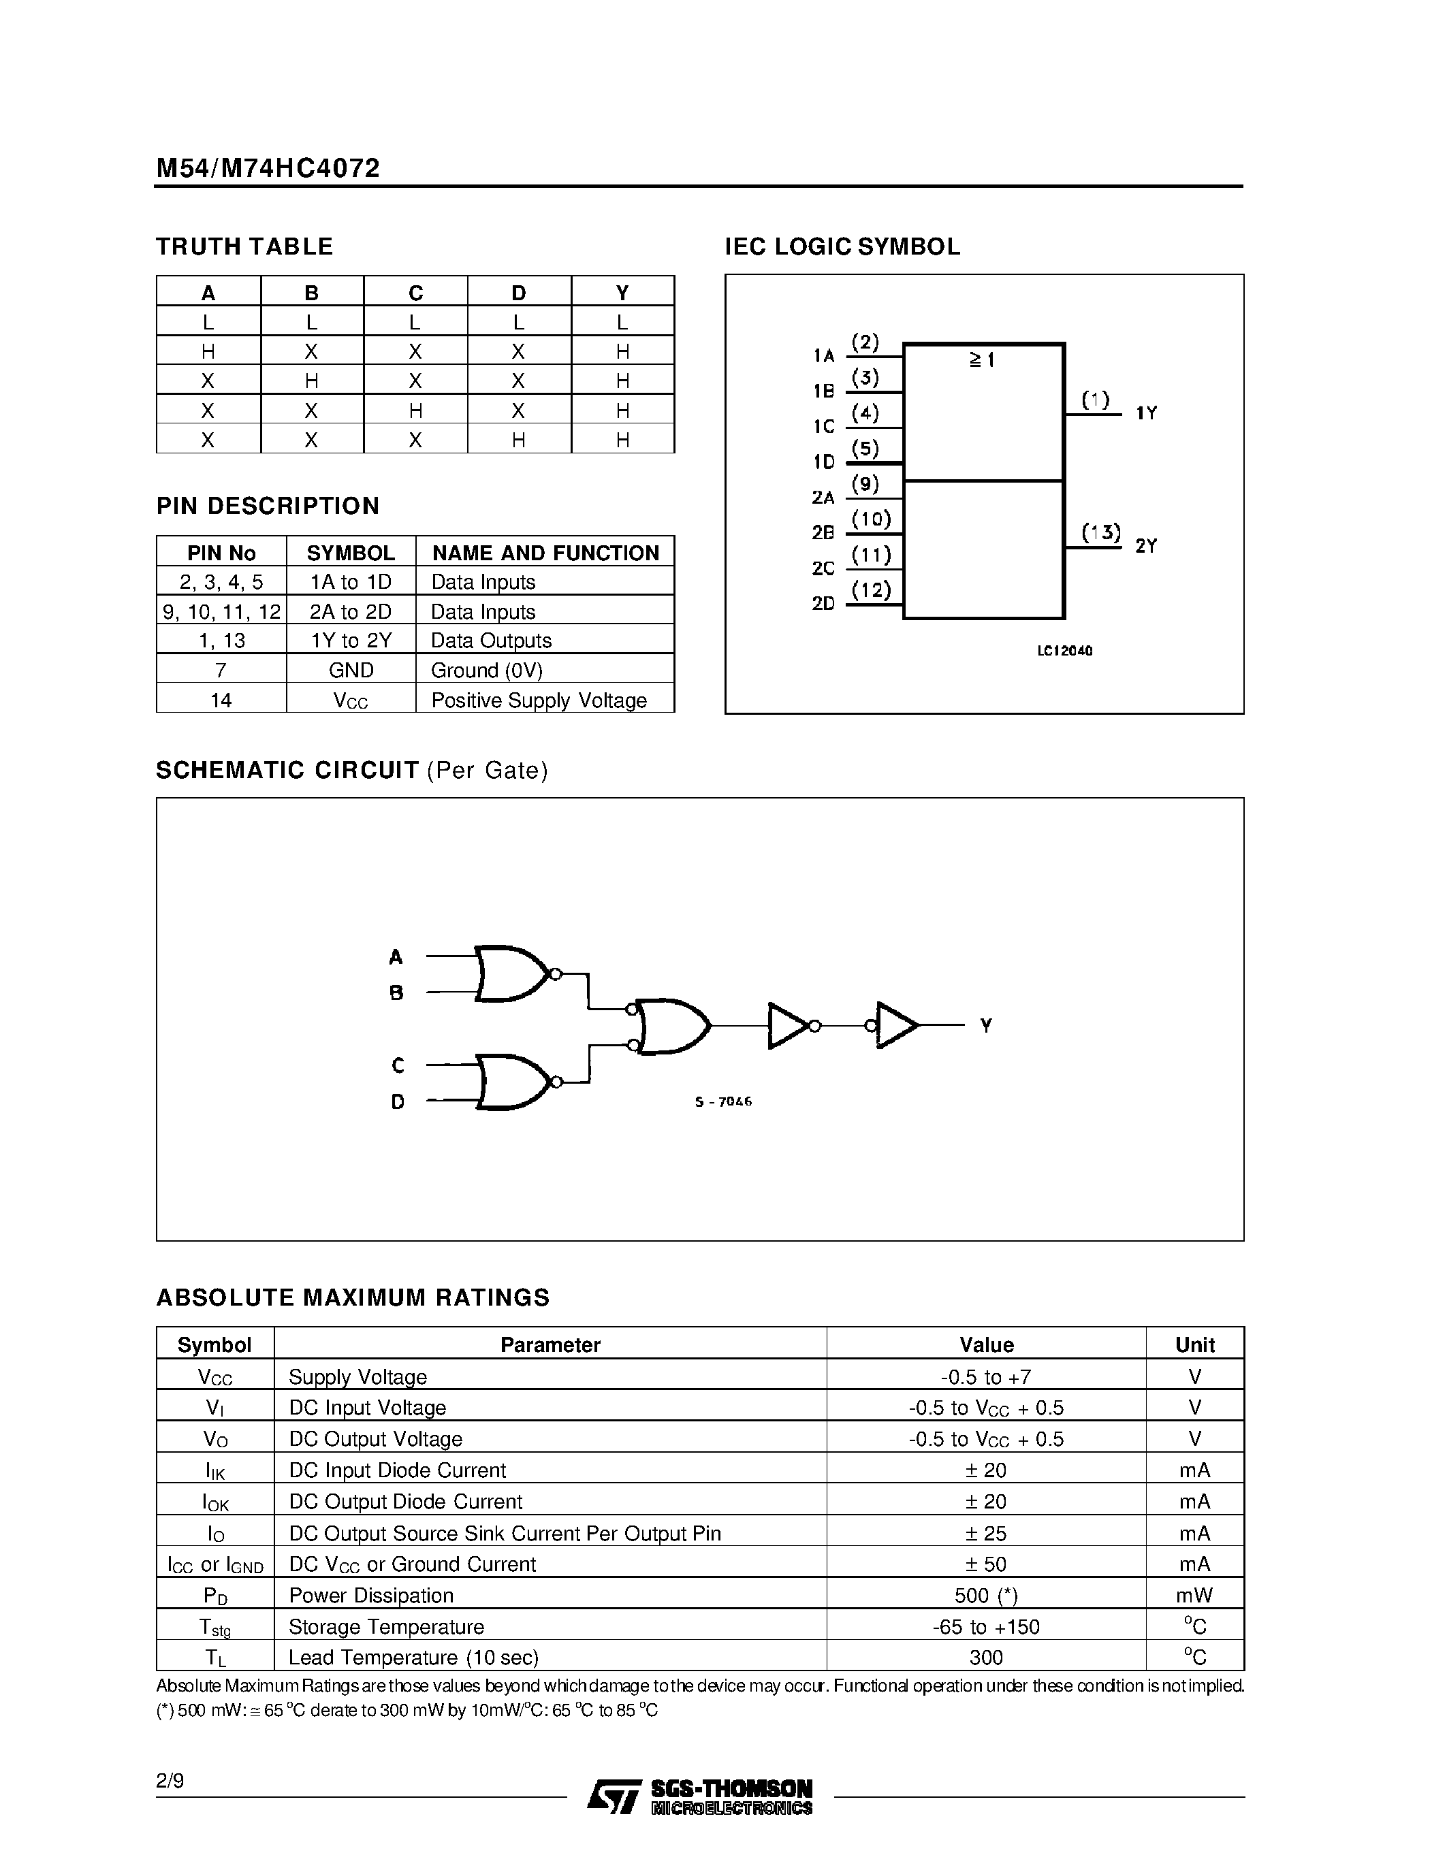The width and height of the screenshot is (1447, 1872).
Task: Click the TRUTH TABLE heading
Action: pyautogui.click(x=244, y=247)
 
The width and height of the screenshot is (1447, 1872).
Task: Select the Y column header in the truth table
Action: pyautogui.click(x=622, y=293)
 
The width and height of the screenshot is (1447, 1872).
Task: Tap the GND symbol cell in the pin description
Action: pyautogui.click(x=351, y=671)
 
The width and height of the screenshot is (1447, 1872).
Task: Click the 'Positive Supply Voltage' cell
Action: pyautogui.click(x=539, y=700)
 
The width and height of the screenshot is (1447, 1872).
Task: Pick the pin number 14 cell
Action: pyautogui.click(x=221, y=700)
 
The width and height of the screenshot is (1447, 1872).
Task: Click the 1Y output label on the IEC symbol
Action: pyautogui.click(x=1146, y=413)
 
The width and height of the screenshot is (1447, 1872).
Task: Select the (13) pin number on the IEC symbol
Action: pyautogui.click(x=1100, y=533)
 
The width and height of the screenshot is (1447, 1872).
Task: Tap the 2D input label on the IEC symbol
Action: pyautogui.click(x=823, y=603)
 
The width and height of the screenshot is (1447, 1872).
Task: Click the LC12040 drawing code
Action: pyautogui.click(x=1065, y=651)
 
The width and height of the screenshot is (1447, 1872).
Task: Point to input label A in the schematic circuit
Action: pyautogui.click(x=395, y=956)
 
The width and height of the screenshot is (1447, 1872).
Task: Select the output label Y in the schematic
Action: pyautogui.click(x=986, y=1025)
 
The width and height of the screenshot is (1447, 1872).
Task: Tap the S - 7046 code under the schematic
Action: pyautogui.click(x=722, y=1101)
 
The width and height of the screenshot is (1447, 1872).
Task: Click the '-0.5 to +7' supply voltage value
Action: pyautogui.click(x=986, y=1377)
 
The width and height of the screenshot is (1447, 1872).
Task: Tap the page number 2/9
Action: pyautogui.click(x=170, y=1782)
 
